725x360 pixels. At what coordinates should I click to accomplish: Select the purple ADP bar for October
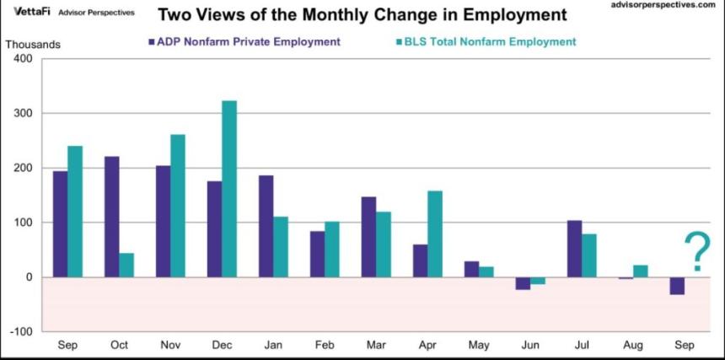click(x=111, y=217)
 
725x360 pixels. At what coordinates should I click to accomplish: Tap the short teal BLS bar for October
click(x=126, y=265)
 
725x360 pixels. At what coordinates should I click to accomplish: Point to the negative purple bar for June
click(x=524, y=283)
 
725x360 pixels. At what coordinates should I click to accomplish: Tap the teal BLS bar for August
click(x=641, y=271)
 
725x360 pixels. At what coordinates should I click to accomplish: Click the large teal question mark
click(x=696, y=251)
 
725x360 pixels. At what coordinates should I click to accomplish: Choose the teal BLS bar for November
click(x=178, y=206)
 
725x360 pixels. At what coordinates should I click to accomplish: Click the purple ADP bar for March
click(x=368, y=237)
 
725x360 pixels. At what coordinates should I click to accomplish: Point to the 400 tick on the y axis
click(x=23, y=59)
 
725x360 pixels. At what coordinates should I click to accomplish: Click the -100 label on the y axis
click(x=20, y=332)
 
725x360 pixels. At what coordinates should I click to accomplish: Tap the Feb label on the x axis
click(x=325, y=346)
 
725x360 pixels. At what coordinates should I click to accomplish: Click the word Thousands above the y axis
click(x=28, y=44)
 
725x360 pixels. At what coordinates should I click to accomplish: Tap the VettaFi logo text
click(x=33, y=11)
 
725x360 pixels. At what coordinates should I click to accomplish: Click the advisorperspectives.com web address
click(x=665, y=5)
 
